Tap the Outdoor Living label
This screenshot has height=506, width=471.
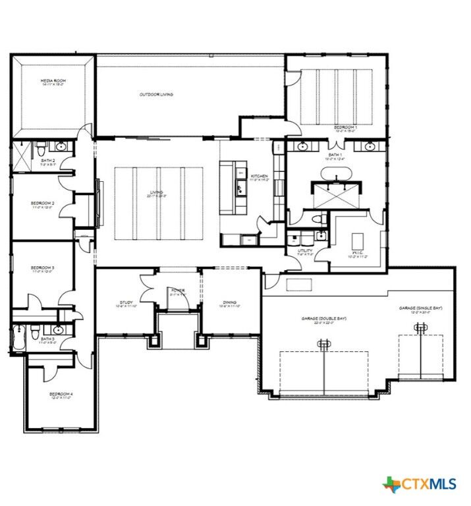pyautogui.click(x=156, y=95)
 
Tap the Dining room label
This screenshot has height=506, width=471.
pyautogui.click(x=229, y=304)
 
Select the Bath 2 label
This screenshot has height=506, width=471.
pyautogui.click(x=48, y=162)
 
